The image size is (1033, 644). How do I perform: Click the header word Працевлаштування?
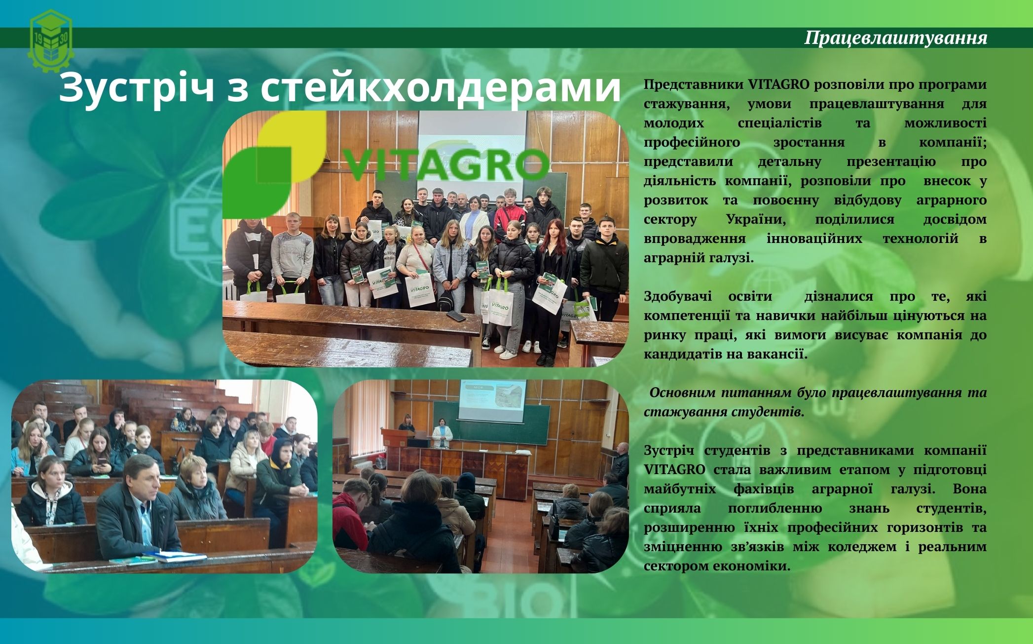click(x=896, y=38)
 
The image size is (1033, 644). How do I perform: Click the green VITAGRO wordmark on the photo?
click(x=444, y=164)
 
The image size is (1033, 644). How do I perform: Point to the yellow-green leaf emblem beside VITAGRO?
click(x=275, y=164)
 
